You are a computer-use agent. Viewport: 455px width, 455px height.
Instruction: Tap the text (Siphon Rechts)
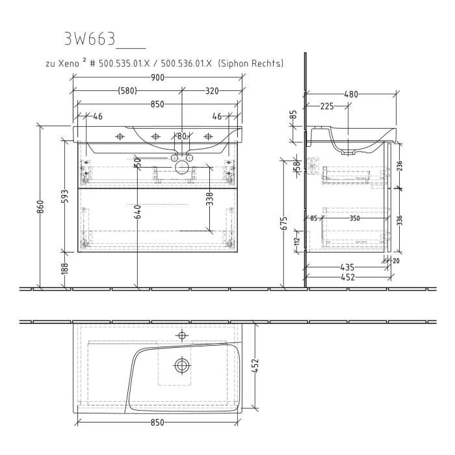[250, 64]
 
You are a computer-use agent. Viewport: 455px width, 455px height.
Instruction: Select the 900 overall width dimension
[157, 78]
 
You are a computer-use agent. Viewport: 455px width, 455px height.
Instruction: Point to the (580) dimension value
[127, 91]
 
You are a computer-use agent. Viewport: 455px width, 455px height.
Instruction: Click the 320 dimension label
[212, 91]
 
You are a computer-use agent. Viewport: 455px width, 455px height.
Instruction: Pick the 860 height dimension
[41, 207]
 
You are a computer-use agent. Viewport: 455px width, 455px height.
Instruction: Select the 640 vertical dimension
[138, 213]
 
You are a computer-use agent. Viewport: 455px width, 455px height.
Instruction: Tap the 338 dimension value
[209, 199]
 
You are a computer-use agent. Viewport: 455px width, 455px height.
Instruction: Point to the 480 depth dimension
[350, 94]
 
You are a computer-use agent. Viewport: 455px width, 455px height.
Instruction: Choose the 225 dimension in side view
[327, 106]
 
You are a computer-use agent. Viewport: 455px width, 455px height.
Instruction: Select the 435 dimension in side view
[347, 268]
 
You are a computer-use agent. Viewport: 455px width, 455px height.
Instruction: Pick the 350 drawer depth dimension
[354, 218]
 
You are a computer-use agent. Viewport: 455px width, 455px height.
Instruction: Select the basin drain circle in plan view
[182, 365]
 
